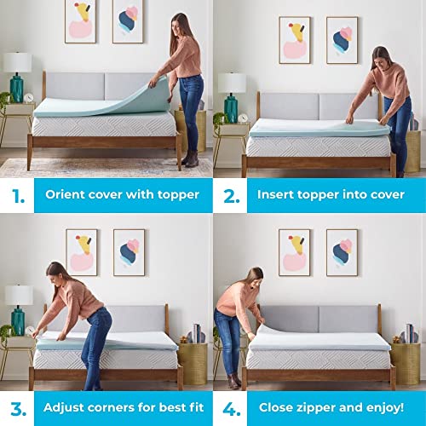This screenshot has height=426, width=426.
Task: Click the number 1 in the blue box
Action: pos(16,194)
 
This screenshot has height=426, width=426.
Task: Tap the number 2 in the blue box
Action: pos(230,194)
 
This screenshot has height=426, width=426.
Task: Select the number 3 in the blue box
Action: pos(16,407)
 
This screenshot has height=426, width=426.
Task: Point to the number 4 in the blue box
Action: pos(230,407)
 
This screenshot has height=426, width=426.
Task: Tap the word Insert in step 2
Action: pos(278,194)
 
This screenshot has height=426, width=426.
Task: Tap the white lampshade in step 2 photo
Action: pos(231,83)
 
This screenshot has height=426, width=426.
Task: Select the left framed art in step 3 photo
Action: pos(81,251)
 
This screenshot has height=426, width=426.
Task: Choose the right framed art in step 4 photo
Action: pos(342,252)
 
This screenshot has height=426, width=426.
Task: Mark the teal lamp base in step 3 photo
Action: pos(17,314)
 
